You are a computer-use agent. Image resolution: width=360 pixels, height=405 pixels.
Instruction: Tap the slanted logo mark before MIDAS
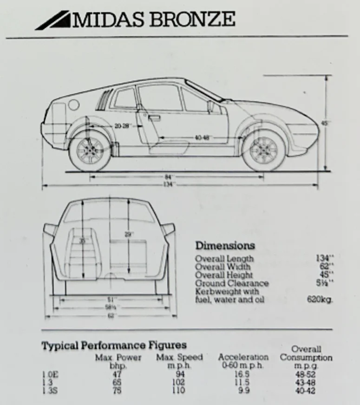coord(53,21)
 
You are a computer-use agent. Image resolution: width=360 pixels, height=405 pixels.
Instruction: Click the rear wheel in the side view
coord(90,151)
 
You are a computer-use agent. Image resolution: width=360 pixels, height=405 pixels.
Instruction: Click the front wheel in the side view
coord(263,151)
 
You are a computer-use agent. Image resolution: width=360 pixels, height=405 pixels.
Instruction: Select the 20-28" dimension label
coord(123,126)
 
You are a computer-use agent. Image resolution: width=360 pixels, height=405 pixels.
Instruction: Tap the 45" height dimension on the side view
coord(325,124)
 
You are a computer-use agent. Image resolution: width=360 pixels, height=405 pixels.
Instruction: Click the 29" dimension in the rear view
coord(129,235)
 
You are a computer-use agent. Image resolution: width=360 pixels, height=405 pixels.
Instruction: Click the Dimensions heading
coord(225,246)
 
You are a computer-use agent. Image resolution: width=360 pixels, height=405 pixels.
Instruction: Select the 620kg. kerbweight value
coord(320,300)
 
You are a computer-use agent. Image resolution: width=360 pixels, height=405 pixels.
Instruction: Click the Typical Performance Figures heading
coord(114,345)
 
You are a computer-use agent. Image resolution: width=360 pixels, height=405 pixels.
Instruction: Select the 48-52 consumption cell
coord(306,373)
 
